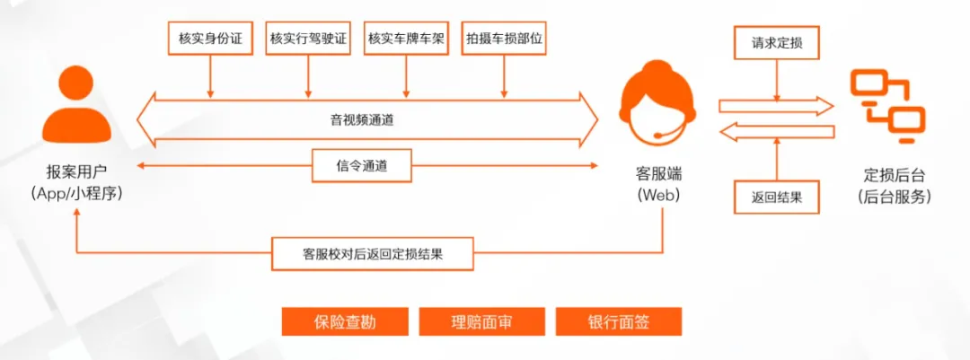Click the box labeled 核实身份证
click(x=211, y=39)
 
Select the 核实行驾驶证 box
click(x=308, y=39)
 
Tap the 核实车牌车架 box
click(x=407, y=39)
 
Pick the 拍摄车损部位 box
click(x=504, y=39)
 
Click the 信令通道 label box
click(x=362, y=165)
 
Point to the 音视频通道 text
click(x=368, y=119)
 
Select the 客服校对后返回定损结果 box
click(x=372, y=254)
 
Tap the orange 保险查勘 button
click(x=345, y=321)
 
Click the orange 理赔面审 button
click(x=482, y=321)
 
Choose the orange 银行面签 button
click(x=619, y=321)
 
